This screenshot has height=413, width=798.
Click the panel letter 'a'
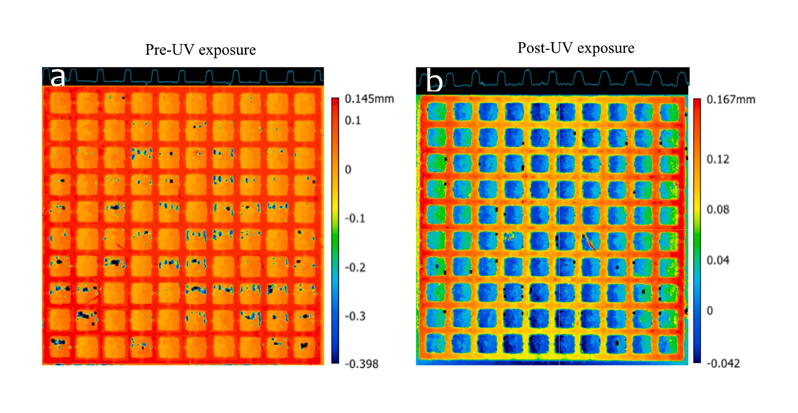point(58,77)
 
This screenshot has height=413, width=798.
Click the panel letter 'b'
point(434,81)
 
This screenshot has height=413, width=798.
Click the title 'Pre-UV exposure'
point(200,50)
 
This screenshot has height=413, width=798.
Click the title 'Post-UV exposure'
point(576,48)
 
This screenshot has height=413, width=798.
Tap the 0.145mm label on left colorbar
point(369,99)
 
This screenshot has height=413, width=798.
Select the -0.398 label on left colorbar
point(361,364)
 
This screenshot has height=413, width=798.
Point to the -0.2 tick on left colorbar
point(355,267)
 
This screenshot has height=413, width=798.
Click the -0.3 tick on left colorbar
point(355,316)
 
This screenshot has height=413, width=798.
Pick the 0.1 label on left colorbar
point(353,120)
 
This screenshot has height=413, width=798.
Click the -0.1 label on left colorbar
point(355,218)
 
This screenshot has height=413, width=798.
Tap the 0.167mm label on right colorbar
point(731,100)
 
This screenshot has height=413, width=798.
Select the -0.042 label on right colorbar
point(723,364)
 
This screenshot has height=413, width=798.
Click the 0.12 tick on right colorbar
point(717,159)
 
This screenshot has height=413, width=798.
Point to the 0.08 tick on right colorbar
point(717,209)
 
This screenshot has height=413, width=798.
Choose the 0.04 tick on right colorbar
point(717,260)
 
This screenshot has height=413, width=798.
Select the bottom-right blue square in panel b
point(668,344)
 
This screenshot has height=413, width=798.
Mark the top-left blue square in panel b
point(436,111)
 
